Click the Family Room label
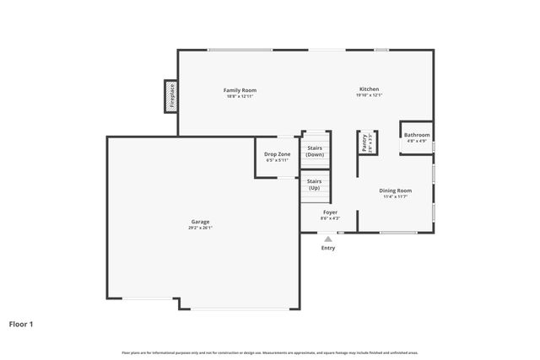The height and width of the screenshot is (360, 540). coord(240,90)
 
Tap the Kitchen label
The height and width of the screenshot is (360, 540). coord(369,89)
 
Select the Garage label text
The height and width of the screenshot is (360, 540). coord(200,222)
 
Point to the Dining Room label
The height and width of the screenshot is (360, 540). coord(395,191)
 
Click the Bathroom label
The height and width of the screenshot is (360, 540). coord(416,135)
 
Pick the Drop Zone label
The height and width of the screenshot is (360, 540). coord(277,154)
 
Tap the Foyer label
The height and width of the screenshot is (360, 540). coord(330,212)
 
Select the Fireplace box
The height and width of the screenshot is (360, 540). coord(170,96)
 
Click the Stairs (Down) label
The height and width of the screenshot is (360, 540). coord(315,151)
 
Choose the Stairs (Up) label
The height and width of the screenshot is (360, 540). coord(314,184)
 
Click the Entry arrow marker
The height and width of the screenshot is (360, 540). coord(328,239)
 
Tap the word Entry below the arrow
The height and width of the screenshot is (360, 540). coord(328,248)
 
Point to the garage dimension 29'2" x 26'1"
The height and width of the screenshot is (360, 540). coord(200,228)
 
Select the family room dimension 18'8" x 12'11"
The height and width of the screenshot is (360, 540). coord(240,96)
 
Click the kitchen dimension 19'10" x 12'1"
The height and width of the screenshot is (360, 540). coord(369,95)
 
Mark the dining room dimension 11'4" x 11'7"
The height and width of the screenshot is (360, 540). coord(395,196)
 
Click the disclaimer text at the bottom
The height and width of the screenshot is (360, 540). coord(269,352)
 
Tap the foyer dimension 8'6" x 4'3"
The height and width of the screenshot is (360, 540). coord(330,218)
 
